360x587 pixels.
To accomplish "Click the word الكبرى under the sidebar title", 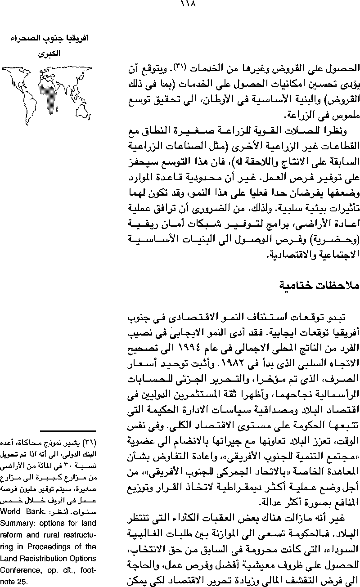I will (x=49, y=53).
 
